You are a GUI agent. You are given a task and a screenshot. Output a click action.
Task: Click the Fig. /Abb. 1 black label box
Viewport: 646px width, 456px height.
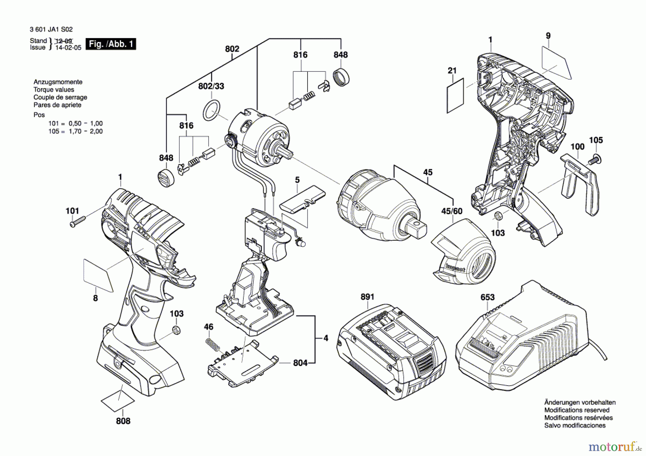(x=111, y=44)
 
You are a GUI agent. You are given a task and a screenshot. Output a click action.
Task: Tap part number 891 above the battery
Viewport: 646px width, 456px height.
(x=367, y=297)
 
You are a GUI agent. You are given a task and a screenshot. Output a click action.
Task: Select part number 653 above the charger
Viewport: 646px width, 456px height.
(x=487, y=297)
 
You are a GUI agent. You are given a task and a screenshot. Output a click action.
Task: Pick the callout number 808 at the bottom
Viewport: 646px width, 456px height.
(x=123, y=421)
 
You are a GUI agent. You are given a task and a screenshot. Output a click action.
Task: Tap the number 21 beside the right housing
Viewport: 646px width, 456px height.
(x=452, y=71)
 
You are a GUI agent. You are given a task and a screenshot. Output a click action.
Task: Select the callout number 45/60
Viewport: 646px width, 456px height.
(x=451, y=211)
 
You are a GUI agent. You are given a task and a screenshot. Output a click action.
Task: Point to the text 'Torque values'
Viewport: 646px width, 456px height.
(x=54, y=90)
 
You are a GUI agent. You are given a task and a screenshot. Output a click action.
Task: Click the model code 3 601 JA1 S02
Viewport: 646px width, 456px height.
(x=46, y=29)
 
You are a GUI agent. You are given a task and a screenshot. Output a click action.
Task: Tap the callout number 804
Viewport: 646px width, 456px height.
(x=300, y=363)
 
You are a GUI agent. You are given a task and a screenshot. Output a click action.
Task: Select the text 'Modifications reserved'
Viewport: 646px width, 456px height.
(x=577, y=410)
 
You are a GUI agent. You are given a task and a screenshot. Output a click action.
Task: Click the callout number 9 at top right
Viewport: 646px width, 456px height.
(x=548, y=36)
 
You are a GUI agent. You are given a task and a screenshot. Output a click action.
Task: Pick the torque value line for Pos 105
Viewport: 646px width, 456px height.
(x=76, y=131)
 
